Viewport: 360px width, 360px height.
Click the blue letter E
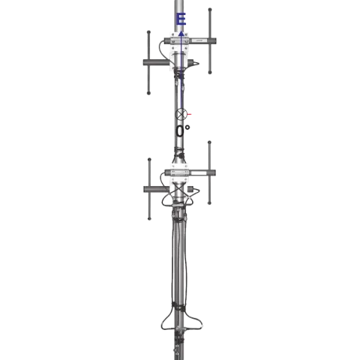pos(181,20)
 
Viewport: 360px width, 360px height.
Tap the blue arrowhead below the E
pos(181,34)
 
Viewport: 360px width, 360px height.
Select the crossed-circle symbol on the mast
pos(181,115)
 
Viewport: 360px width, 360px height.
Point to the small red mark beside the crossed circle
pos(190,114)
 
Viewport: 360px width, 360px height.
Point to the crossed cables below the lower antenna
pos(180,196)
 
